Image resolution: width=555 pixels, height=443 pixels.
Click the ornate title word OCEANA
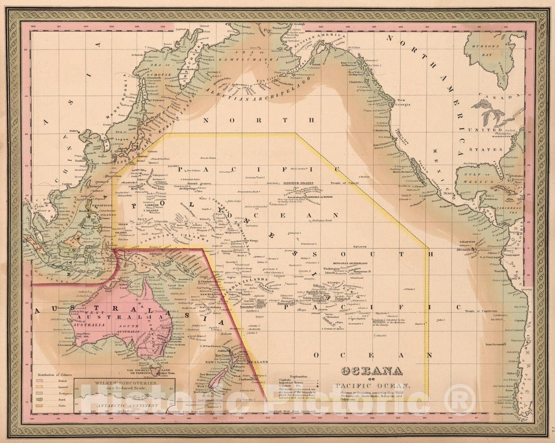[372, 371]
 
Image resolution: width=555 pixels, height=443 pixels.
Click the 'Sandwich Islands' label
[298, 183]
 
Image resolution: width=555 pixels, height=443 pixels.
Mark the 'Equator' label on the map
[360, 247]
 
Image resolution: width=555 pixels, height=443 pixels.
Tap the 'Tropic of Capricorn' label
[481, 311]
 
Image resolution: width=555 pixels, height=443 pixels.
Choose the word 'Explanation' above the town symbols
[299, 376]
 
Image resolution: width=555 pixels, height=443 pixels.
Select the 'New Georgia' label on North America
[404, 102]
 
